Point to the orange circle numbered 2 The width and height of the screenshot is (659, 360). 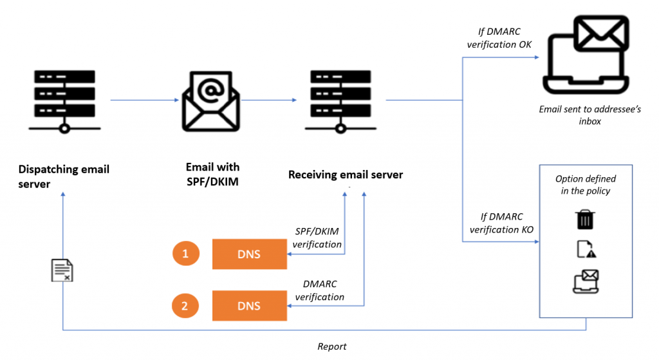[x=185, y=306]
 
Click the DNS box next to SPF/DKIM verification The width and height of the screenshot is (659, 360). [x=249, y=254]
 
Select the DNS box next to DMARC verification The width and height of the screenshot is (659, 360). [x=249, y=306]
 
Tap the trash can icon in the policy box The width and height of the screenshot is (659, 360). [x=584, y=220]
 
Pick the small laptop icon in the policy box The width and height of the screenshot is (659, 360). [x=586, y=282]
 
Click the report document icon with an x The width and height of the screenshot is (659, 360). [x=62, y=270]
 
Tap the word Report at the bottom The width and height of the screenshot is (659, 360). [x=332, y=346]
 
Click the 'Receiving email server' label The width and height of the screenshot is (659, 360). [x=346, y=175]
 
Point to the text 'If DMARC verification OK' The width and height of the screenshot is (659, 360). [x=499, y=38]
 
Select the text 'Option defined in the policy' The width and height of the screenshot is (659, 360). [x=586, y=185]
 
